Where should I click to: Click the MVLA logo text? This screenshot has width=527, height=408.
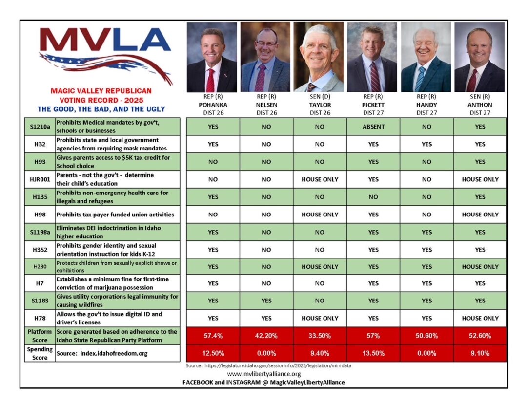click(x=105, y=40)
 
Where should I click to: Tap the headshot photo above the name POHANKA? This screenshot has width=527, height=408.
click(x=212, y=57)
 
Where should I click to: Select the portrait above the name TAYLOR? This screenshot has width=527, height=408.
click(x=320, y=57)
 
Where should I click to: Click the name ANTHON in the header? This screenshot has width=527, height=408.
click(x=480, y=105)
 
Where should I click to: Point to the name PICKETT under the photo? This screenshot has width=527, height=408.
click(x=373, y=105)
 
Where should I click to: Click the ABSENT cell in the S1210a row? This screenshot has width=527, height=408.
click(x=373, y=127)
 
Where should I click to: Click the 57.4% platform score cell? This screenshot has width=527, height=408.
click(x=213, y=336)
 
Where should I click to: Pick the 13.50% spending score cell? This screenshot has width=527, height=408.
click(x=373, y=354)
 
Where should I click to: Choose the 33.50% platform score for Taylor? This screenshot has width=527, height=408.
click(x=320, y=336)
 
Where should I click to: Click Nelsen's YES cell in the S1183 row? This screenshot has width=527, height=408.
click(x=266, y=301)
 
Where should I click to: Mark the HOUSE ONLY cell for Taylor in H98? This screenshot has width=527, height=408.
click(x=320, y=215)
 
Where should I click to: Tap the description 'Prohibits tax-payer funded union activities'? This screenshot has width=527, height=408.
click(x=115, y=215)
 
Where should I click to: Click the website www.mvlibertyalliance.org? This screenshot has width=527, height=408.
click(x=263, y=374)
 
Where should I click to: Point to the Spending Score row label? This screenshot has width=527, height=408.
click(x=40, y=353)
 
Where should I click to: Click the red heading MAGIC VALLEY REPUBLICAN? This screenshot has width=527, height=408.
click(x=101, y=91)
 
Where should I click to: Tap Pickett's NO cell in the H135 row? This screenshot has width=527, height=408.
click(x=373, y=197)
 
